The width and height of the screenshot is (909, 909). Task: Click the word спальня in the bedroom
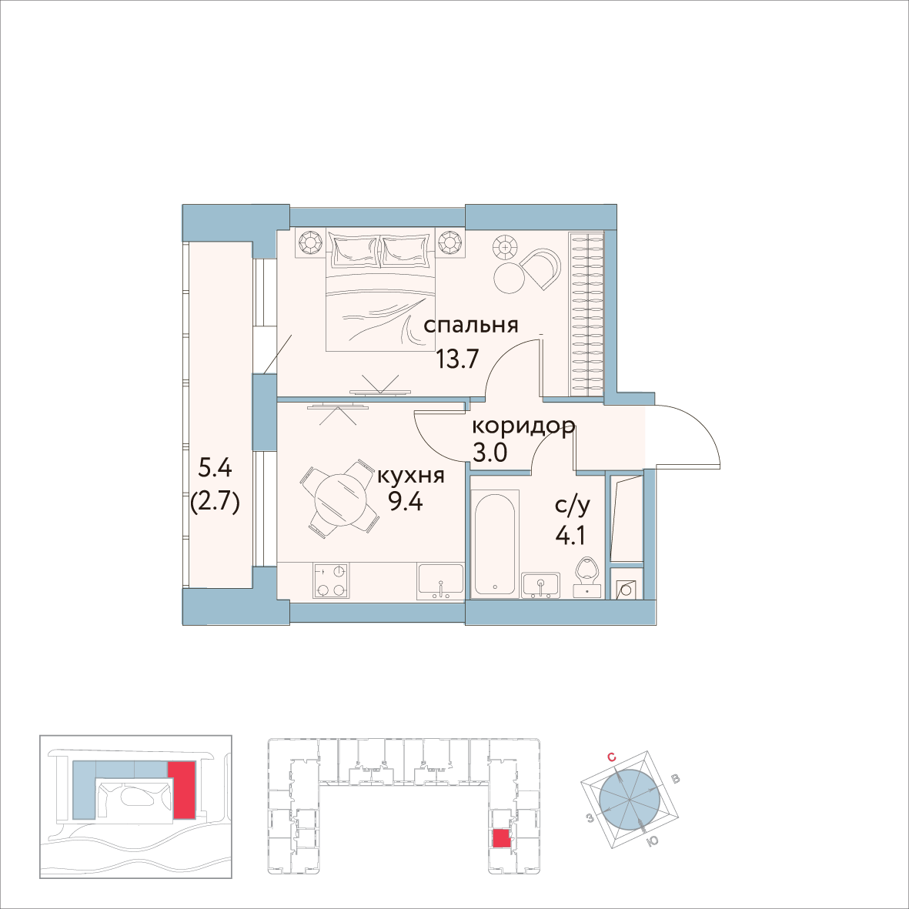[x=471, y=326]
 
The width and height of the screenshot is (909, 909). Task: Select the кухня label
[x=410, y=476]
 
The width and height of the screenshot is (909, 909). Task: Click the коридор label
[x=523, y=426]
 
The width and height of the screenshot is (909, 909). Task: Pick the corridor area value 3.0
[x=490, y=452]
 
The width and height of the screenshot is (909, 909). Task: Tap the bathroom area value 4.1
[x=570, y=533]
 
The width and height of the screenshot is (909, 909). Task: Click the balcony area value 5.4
[x=216, y=467]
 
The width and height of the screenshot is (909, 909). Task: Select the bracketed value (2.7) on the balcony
[x=216, y=504]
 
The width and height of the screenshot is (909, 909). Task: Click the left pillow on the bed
[x=354, y=248]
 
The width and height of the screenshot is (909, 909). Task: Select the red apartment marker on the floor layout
[x=501, y=838]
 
